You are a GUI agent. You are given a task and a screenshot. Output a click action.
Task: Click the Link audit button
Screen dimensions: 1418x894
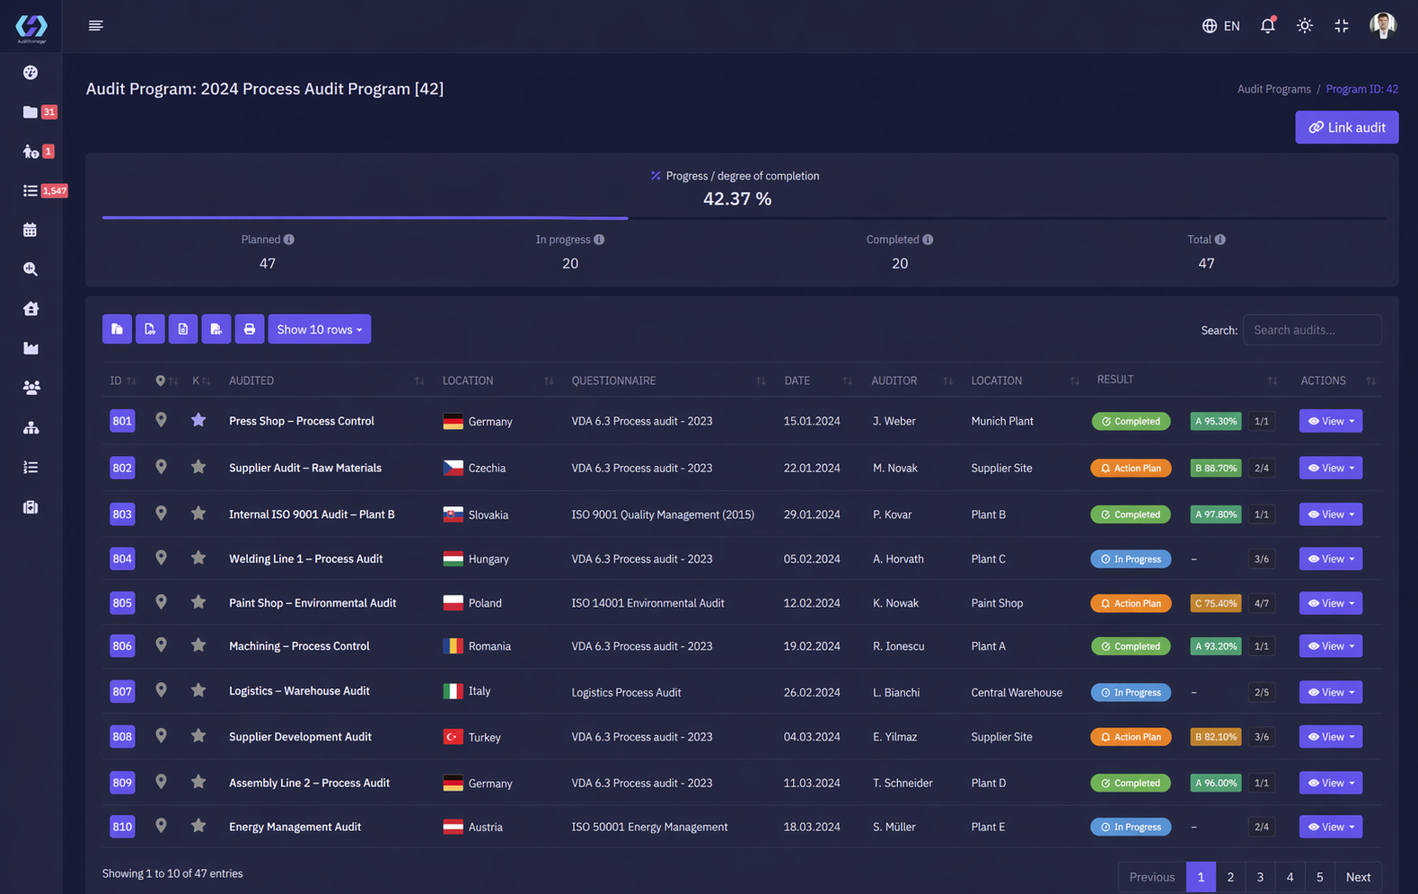click(x=1346, y=127)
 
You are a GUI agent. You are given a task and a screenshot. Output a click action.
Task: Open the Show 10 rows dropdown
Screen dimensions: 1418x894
click(x=319, y=329)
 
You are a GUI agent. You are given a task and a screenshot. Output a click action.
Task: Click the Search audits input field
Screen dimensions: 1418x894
click(x=1312, y=329)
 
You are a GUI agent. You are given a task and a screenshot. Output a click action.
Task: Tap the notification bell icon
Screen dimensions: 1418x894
click(x=1267, y=25)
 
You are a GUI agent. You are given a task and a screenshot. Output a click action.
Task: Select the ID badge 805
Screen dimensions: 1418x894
click(x=122, y=603)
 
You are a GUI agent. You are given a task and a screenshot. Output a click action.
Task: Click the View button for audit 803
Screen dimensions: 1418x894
click(x=1331, y=514)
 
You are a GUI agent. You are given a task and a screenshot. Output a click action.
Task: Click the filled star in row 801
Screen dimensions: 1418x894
click(x=198, y=420)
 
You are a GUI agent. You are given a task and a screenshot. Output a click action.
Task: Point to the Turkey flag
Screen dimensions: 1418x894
click(x=453, y=736)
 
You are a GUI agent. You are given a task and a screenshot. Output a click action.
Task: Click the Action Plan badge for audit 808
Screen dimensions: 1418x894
click(x=1131, y=736)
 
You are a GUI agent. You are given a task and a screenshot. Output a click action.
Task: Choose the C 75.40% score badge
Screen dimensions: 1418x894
click(x=1215, y=603)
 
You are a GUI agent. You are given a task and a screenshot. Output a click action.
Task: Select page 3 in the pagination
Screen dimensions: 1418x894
click(x=1260, y=877)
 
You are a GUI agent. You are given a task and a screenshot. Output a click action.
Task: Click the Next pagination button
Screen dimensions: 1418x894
click(x=1358, y=877)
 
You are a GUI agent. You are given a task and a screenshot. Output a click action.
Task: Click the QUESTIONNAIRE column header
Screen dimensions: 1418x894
click(x=613, y=381)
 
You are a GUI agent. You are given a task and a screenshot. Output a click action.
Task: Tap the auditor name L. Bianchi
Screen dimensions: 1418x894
click(x=895, y=692)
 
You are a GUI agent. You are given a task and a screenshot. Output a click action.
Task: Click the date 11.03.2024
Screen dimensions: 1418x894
click(x=812, y=783)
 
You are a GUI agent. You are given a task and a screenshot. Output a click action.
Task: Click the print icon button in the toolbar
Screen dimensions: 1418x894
click(x=250, y=329)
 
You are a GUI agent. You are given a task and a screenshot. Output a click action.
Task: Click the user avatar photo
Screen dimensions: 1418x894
click(x=1383, y=25)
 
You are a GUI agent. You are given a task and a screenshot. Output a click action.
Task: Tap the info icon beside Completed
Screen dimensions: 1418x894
click(x=928, y=239)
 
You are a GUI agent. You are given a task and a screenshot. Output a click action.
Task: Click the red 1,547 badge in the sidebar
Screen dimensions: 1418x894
click(x=55, y=190)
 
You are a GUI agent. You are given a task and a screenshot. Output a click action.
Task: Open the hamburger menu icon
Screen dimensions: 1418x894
click(x=95, y=25)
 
